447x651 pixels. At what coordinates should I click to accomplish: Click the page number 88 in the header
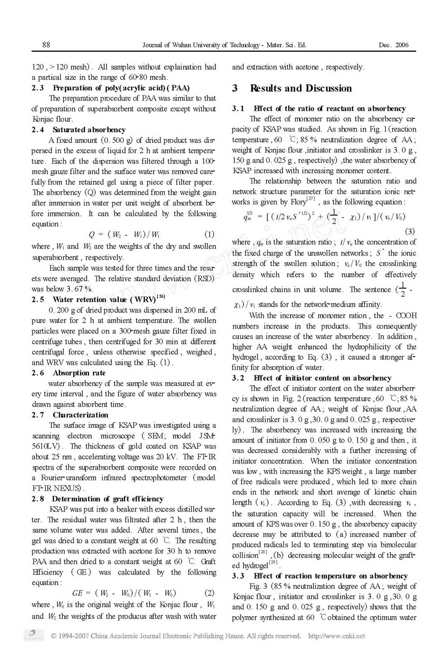[46, 45]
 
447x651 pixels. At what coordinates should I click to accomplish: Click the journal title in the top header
[224, 45]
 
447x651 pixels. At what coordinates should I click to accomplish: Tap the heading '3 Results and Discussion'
[292, 88]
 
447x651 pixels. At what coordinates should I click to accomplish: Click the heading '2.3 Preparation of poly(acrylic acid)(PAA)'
[111, 88]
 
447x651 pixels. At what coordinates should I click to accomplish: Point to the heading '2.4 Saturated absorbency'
[79, 130]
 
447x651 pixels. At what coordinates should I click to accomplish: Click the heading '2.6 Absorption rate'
[69, 373]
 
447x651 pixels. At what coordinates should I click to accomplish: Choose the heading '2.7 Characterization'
[70, 415]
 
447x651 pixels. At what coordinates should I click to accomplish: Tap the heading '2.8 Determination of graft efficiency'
[97, 499]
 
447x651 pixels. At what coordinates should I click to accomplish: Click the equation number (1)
[209, 234]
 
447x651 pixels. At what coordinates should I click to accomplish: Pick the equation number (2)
[209, 593]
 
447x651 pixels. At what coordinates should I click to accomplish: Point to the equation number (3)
[409, 231]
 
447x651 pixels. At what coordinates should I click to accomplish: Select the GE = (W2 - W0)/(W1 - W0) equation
[124, 593]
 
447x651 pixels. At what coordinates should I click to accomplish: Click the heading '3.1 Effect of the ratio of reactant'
[319, 109]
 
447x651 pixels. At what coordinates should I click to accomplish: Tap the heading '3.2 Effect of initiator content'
[312, 378]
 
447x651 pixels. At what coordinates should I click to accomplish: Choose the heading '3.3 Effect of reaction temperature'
[320, 576]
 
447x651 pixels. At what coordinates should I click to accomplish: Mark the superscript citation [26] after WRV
[160, 297]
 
